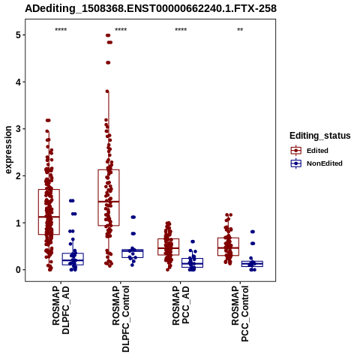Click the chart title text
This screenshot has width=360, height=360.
(x=151, y=9)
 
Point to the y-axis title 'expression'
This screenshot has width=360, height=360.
(x=8, y=150)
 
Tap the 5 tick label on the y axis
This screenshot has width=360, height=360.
(x=18, y=35)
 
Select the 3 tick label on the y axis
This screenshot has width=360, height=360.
(x=18, y=129)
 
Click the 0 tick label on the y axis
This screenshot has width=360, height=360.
(x=18, y=270)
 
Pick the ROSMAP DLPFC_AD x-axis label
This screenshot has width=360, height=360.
(x=61, y=310)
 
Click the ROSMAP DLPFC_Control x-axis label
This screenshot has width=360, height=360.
(x=121, y=319)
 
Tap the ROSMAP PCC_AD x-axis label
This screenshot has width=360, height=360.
(x=181, y=305)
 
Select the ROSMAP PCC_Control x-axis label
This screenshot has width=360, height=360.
(x=240, y=313)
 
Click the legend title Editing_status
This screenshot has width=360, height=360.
(x=320, y=136)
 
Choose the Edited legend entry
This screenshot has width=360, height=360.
(x=310, y=151)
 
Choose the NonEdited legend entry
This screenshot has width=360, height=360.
(x=316, y=163)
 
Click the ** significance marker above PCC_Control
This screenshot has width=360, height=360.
(x=240, y=30)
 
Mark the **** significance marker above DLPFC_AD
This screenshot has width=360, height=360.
(x=61, y=30)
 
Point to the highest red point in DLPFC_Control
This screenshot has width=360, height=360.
(x=108, y=35)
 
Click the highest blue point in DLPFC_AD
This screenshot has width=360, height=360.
(x=72, y=200)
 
